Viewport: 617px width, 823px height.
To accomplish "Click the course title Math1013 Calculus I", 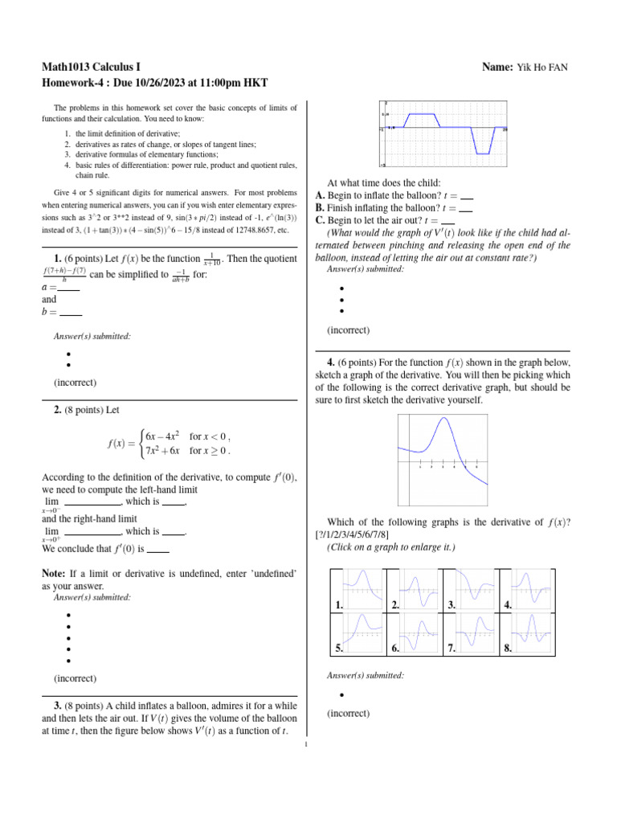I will tap(98, 67).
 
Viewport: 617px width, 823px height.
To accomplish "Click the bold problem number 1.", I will tap(58, 257).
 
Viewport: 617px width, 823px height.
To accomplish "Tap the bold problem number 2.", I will tap(58, 410).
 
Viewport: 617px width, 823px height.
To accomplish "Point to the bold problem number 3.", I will tap(58, 705).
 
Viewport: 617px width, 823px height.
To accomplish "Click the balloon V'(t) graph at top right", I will tap(443, 134).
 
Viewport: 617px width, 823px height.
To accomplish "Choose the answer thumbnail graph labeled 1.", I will tap(359, 591).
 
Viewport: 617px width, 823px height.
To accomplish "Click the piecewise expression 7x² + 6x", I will tap(161, 450).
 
